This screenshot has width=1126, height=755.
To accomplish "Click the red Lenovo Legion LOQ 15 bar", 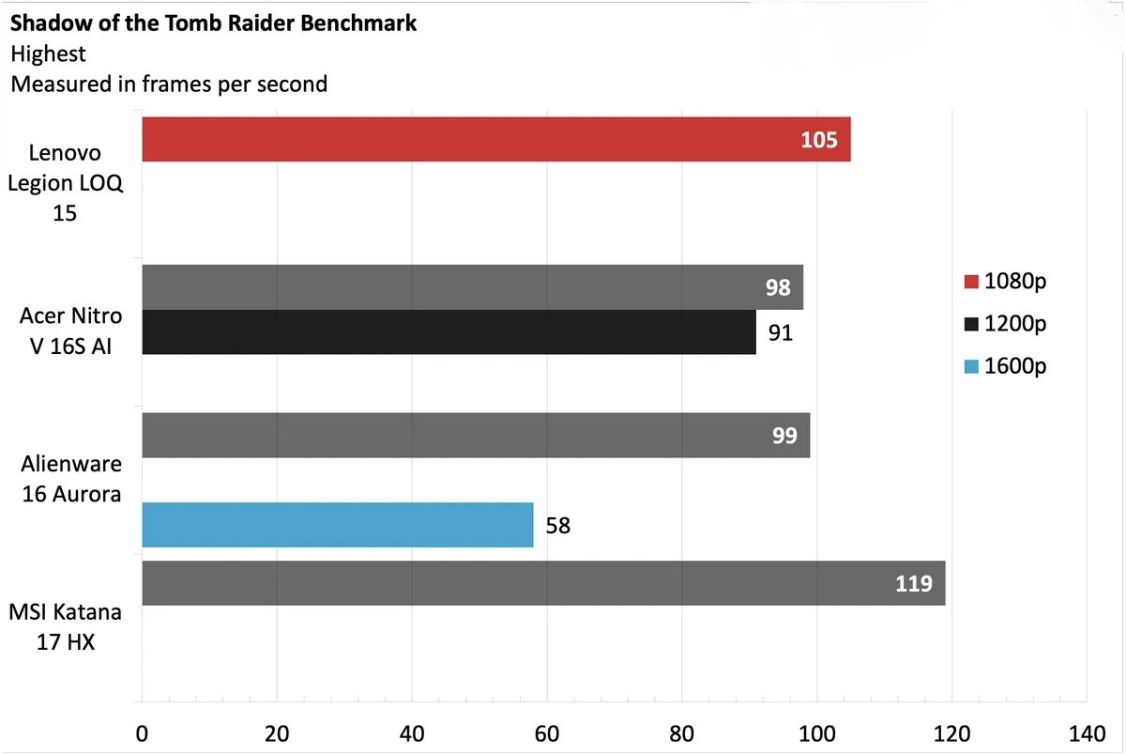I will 495,139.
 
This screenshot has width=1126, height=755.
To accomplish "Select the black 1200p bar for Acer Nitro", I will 449,332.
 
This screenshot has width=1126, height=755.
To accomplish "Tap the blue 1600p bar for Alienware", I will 337,525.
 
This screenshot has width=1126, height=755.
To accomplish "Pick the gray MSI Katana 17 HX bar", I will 542,583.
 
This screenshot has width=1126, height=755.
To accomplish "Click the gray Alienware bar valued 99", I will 475,436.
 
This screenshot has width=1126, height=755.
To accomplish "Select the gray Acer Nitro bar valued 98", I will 471,287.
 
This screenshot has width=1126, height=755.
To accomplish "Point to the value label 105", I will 818,140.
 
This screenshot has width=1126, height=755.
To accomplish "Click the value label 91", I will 781,333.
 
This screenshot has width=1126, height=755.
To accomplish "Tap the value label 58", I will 557,526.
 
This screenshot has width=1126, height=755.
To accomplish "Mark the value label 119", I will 913,584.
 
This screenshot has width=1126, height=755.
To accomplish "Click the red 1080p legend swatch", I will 971,282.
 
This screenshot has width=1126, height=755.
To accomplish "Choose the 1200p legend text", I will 1015,324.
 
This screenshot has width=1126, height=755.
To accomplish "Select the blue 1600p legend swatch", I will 971,366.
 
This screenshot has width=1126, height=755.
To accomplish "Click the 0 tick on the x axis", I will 142,732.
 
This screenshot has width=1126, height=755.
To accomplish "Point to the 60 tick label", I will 547,732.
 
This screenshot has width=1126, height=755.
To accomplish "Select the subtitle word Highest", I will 49,54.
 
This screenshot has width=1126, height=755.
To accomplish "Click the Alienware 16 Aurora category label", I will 71,479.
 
